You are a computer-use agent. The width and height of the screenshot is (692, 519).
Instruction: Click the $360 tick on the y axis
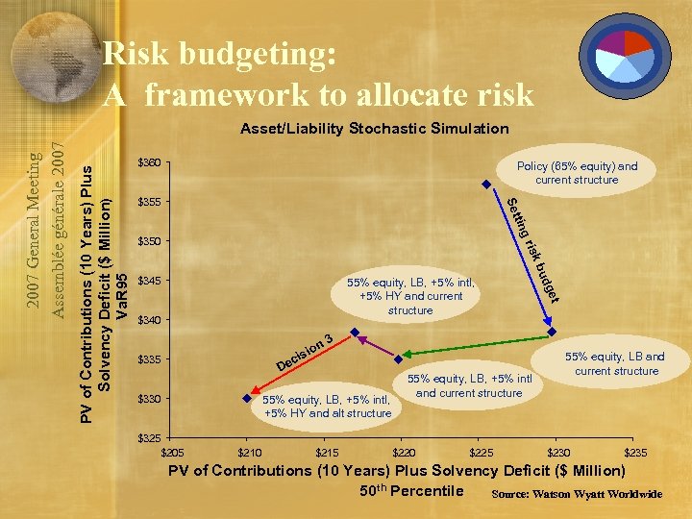[149, 161]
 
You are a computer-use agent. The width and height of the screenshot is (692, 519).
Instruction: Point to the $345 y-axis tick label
[149, 280]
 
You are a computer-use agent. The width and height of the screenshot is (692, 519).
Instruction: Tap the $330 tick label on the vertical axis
[149, 398]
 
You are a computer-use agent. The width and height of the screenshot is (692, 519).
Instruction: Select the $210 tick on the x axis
[249, 452]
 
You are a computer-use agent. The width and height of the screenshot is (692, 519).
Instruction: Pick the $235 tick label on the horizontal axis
[635, 452]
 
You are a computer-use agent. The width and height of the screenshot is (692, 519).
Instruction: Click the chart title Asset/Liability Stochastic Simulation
[375, 128]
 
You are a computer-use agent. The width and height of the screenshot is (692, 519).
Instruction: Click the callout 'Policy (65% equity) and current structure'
[576, 173]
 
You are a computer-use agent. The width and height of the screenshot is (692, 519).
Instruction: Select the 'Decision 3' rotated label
[305, 353]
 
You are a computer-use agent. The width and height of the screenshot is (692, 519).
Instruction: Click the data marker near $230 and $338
[552, 332]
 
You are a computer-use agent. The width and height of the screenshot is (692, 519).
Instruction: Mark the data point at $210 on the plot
[249, 395]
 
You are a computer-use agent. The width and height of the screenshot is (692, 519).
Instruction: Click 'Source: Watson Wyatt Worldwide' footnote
[577, 494]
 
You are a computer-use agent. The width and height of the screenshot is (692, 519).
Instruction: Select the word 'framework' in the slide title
[226, 94]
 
